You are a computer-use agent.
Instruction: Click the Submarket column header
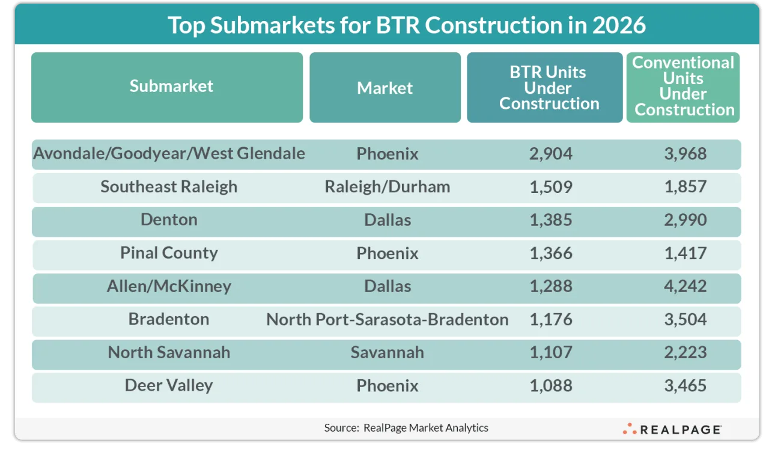tap(171, 87)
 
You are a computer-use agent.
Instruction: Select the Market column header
tap(384, 88)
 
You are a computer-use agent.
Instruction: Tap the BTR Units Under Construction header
tap(548, 88)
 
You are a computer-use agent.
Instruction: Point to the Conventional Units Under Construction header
tap(684, 87)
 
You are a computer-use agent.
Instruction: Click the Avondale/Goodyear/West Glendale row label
tap(169, 154)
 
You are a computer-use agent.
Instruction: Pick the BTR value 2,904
tap(551, 154)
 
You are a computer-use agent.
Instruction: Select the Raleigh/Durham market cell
tap(387, 187)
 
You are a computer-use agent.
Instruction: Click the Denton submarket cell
tap(169, 220)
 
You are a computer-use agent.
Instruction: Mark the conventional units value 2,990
tap(685, 220)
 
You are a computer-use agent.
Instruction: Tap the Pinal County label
tap(169, 253)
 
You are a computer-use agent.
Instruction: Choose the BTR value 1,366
tap(551, 253)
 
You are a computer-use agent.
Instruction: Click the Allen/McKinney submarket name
tap(169, 286)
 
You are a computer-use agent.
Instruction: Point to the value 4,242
tap(685, 286)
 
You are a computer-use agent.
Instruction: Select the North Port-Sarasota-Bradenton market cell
tap(387, 319)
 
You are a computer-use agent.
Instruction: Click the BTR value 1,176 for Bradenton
tap(551, 319)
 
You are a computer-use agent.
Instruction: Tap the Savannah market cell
tap(387, 352)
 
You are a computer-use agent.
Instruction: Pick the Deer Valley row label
tap(169, 385)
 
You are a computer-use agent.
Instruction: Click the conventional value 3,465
tap(685, 385)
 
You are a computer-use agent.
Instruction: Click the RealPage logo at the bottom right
tap(672, 429)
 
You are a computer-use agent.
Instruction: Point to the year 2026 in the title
tap(619, 25)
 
